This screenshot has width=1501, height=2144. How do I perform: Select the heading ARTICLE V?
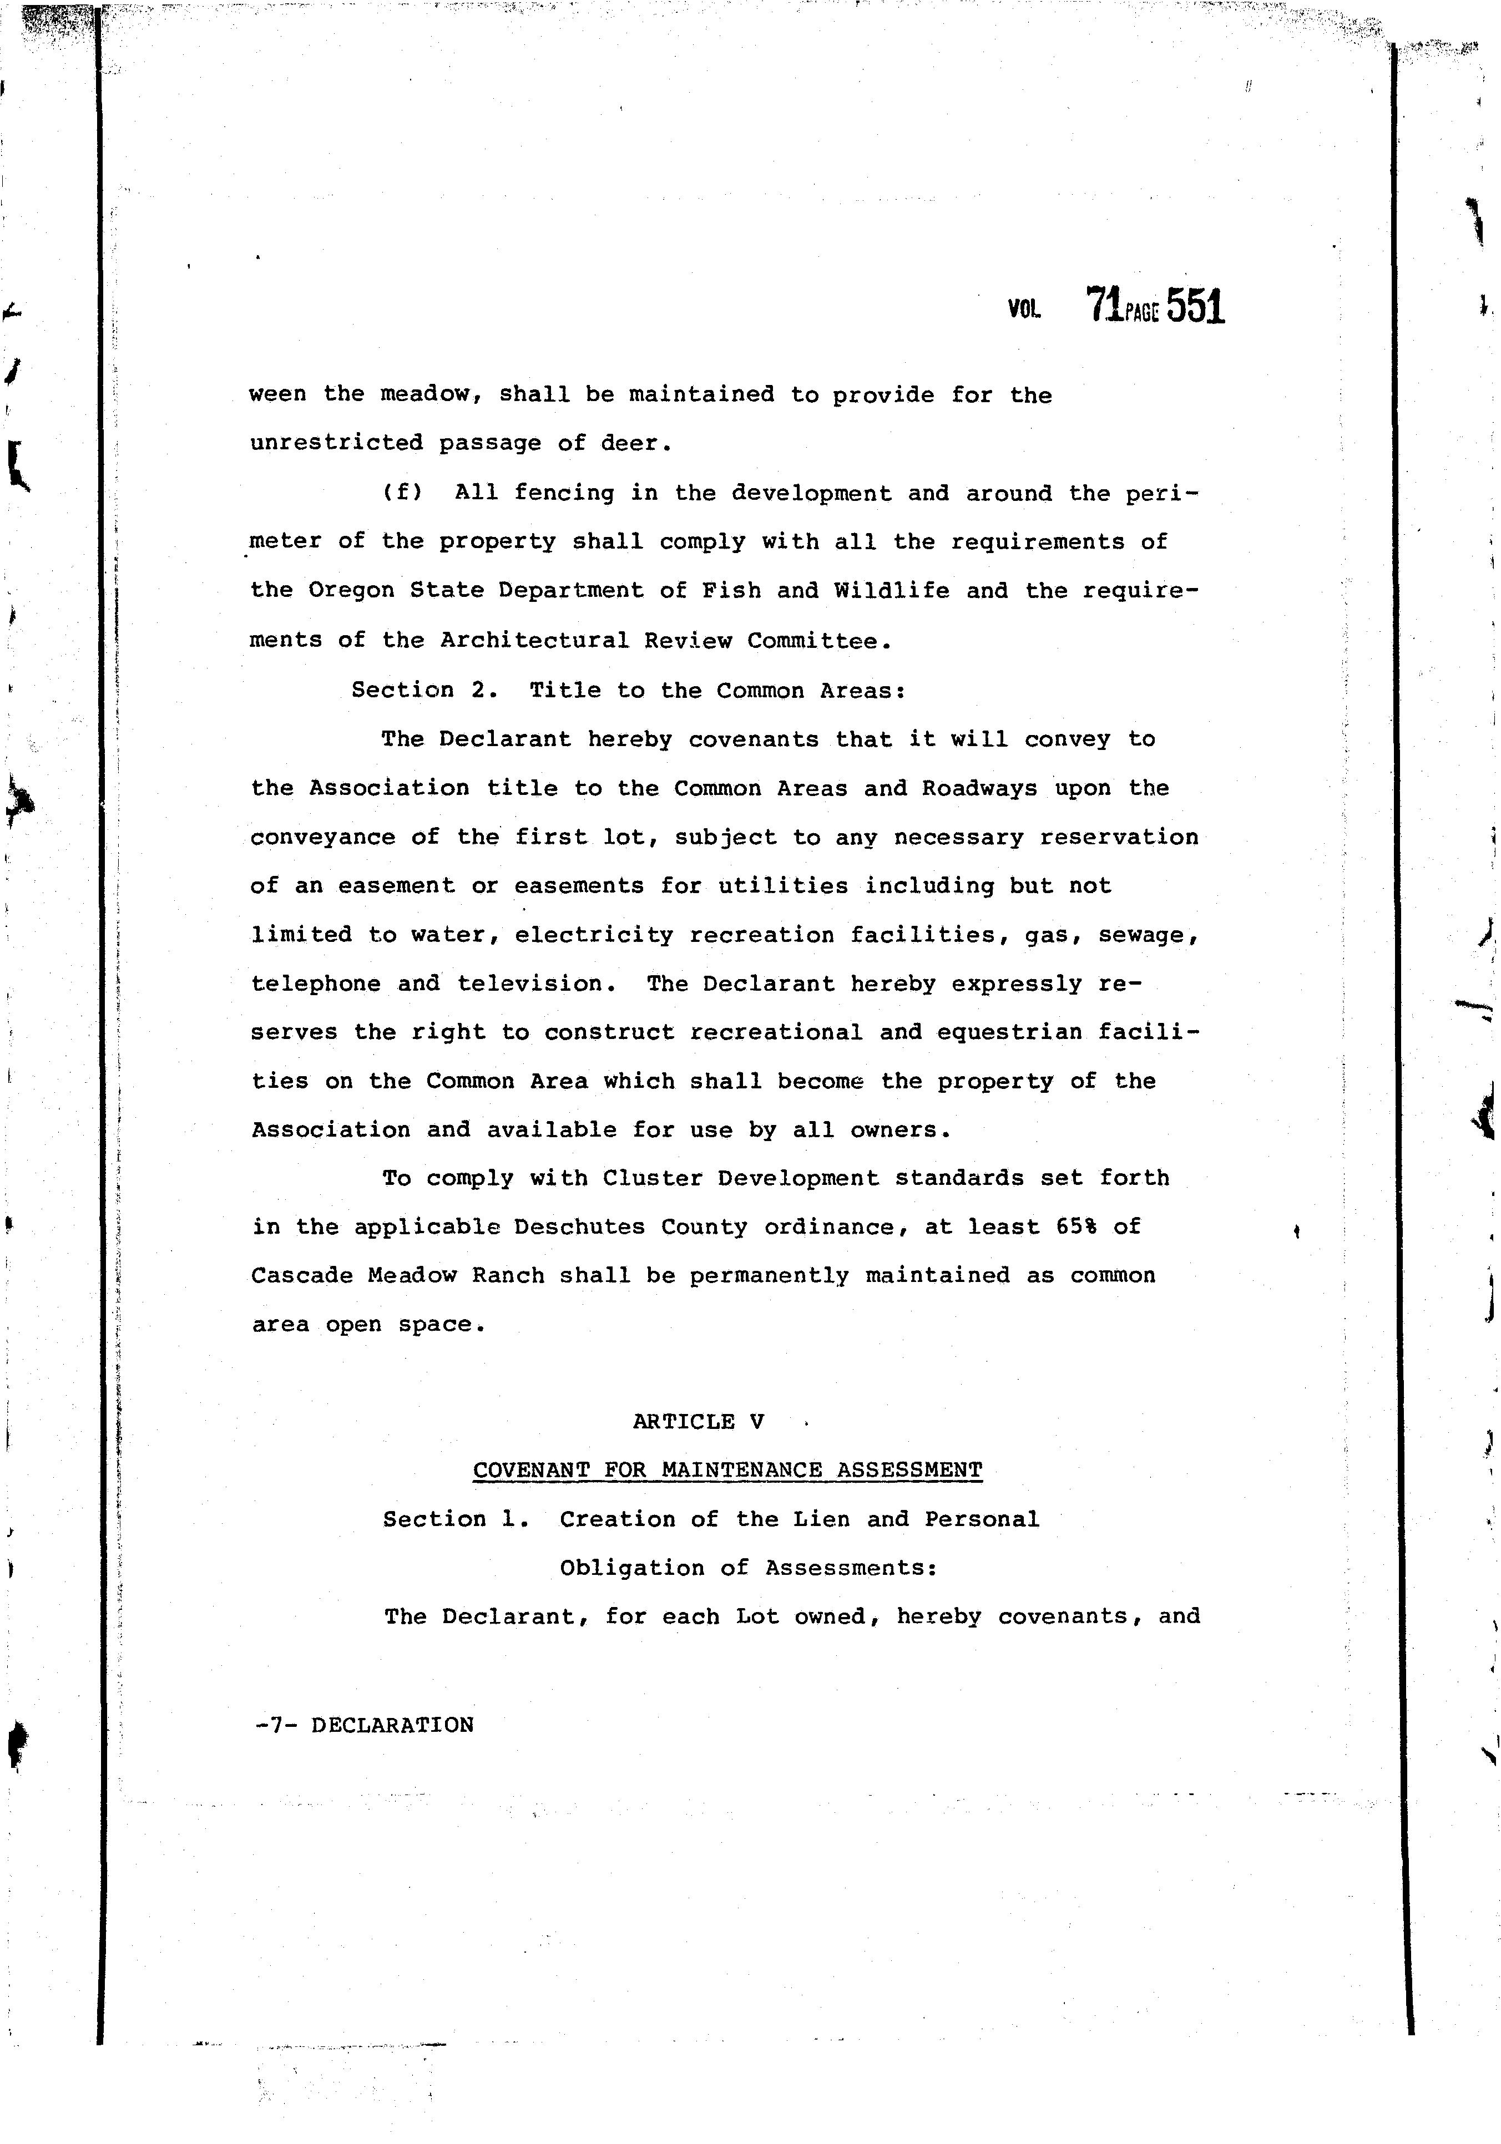[698, 1421]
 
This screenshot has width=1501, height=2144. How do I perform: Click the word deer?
[635, 444]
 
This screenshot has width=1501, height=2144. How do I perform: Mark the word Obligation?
[631, 1568]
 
